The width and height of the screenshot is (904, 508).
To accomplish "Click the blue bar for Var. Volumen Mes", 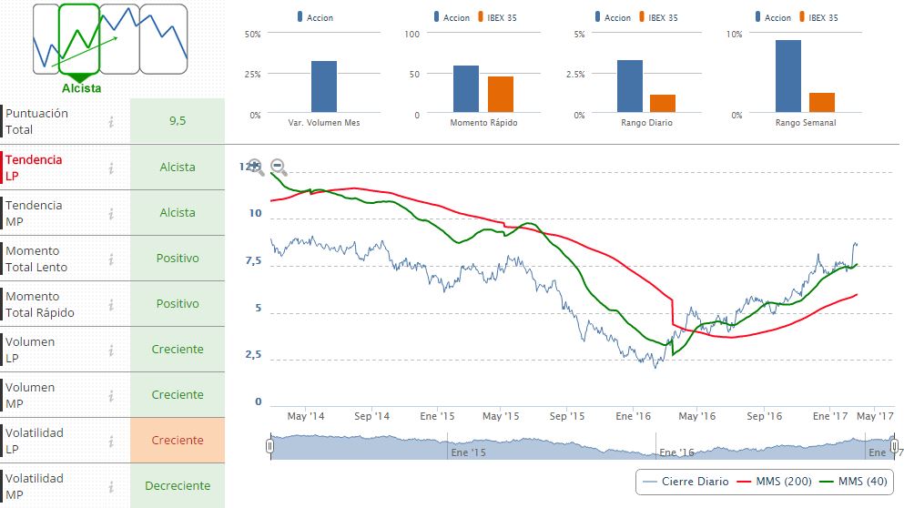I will [324, 86].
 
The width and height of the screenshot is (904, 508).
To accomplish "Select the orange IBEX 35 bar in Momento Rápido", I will [501, 95].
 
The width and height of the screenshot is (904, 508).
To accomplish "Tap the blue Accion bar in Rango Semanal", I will [788, 76].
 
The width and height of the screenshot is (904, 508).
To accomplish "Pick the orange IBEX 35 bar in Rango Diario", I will [663, 104].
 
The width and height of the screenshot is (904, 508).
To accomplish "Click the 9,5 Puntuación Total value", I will [178, 120].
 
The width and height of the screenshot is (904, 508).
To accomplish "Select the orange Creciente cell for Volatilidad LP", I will [178, 440].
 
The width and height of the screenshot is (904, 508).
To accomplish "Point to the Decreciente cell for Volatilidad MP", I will [178, 485].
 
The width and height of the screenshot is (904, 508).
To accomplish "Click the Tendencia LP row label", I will [35, 167].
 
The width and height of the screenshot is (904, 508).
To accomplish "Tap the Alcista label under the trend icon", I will [81, 88].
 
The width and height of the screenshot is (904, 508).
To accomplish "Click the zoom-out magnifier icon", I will [279, 168].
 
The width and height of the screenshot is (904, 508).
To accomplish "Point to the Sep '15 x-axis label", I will [567, 416].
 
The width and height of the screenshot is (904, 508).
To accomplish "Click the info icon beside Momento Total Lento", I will [111, 259].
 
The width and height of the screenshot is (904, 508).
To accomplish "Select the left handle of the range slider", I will [269, 446].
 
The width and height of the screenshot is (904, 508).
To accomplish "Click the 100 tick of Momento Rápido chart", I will [411, 34].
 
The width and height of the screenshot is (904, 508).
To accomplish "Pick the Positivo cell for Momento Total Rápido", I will [178, 303].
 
